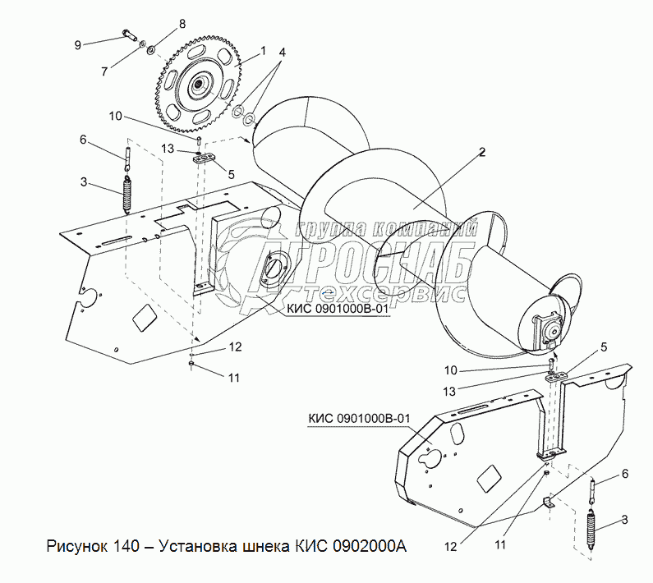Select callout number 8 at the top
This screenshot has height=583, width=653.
click(x=182, y=23)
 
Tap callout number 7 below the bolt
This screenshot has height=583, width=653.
click(x=103, y=71)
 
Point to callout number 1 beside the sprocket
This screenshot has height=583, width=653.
click(x=263, y=51)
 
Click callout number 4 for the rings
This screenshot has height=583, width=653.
click(x=282, y=53)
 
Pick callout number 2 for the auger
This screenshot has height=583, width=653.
click(x=482, y=151)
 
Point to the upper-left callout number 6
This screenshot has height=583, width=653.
click(x=83, y=140)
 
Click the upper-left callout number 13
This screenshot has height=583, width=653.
click(x=167, y=149)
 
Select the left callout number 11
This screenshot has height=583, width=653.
click(x=233, y=377)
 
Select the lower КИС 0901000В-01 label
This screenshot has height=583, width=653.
click(x=358, y=419)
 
